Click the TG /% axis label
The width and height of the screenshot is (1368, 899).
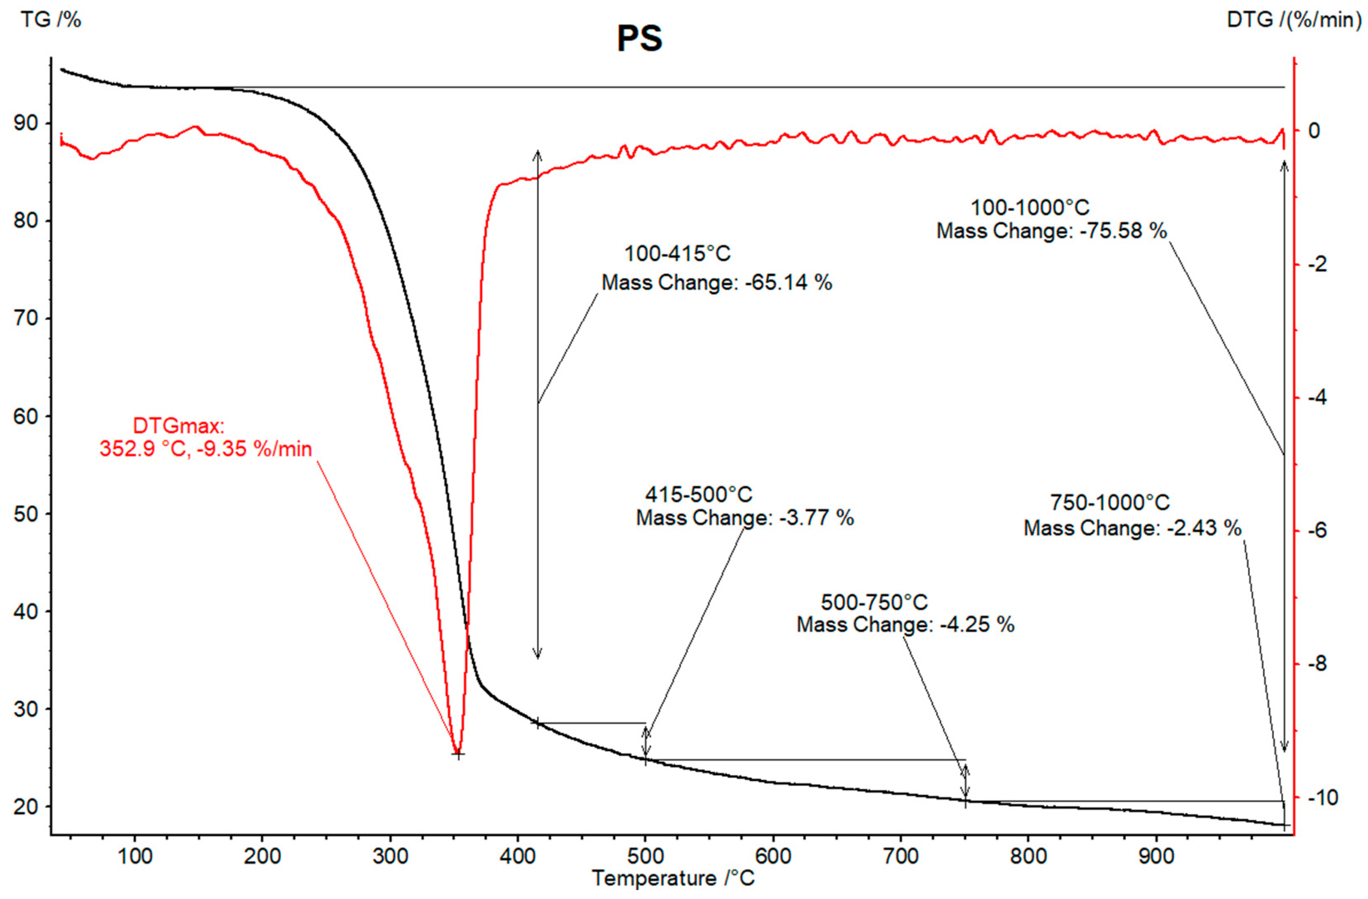pos(51,20)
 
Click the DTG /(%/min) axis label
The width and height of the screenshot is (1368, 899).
pos(1293,20)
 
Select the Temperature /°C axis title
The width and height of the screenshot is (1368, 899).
pos(673,878)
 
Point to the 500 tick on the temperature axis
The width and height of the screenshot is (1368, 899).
pos(645,857)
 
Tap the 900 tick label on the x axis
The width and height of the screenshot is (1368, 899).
pos(1156,857)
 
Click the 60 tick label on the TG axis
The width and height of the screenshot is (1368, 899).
pos(25,416)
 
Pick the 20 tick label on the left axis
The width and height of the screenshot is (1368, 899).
pos(25,806)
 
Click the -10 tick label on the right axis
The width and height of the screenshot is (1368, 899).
pos(1323,797)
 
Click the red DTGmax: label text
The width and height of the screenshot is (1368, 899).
pos(178,426)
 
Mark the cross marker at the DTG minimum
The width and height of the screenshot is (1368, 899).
pos(457,754)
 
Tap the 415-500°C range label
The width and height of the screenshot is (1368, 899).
pos(699,494)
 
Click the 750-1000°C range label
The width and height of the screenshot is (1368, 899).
pos(1110,503)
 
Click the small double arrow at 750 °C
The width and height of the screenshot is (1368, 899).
pos(966,780)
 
